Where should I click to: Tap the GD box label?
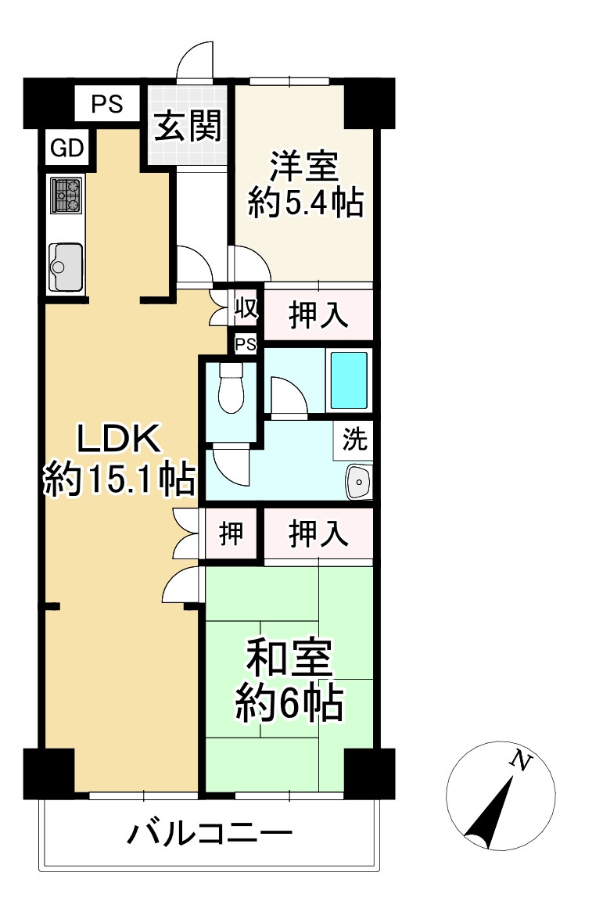coord(68,147)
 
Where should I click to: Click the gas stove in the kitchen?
coord(66,195)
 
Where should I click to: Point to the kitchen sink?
coord(66,266)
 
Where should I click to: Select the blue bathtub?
coord(348,380)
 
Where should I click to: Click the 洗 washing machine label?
coord(354,440)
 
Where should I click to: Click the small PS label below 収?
coord(246,344)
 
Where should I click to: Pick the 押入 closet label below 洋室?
coord(318,315)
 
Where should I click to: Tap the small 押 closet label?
coord(231,534)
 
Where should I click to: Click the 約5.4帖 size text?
coord(305,203)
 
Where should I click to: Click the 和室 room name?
coord(289,659)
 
